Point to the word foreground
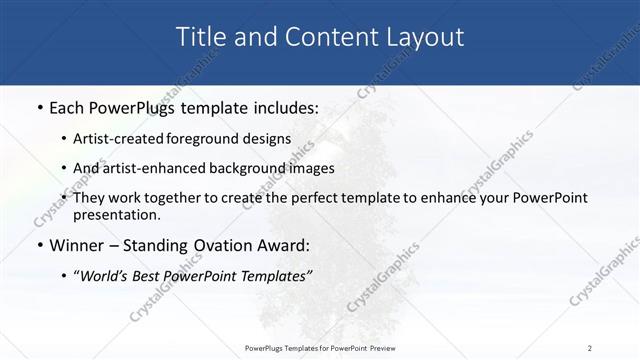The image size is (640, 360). (211, 139)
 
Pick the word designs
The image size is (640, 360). (268, 139)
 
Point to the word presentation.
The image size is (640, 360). (117, 214)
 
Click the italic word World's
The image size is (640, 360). (104, 276)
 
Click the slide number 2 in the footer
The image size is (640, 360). (589, 348)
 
